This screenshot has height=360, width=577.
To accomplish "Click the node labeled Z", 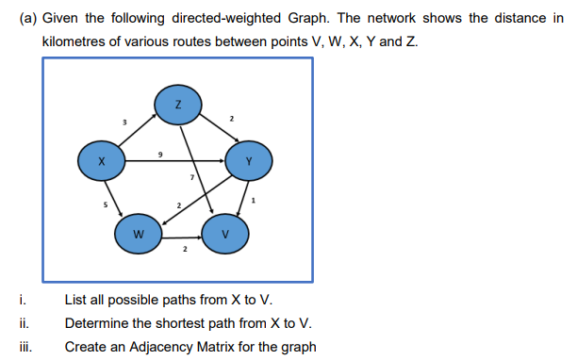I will coord(176,106).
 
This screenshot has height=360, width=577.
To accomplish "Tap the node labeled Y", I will coord(249,161).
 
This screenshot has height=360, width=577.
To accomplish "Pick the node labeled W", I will coord(138,236).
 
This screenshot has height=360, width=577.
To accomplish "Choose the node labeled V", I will coord(224,236).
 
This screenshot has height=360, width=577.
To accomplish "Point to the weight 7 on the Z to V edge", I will coord(191,177).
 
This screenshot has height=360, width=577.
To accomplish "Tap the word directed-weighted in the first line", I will coord(182,19).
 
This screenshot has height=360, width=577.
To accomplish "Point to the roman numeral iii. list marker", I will coord(24,346).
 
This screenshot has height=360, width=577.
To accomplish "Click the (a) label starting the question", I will coord(27,19).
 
